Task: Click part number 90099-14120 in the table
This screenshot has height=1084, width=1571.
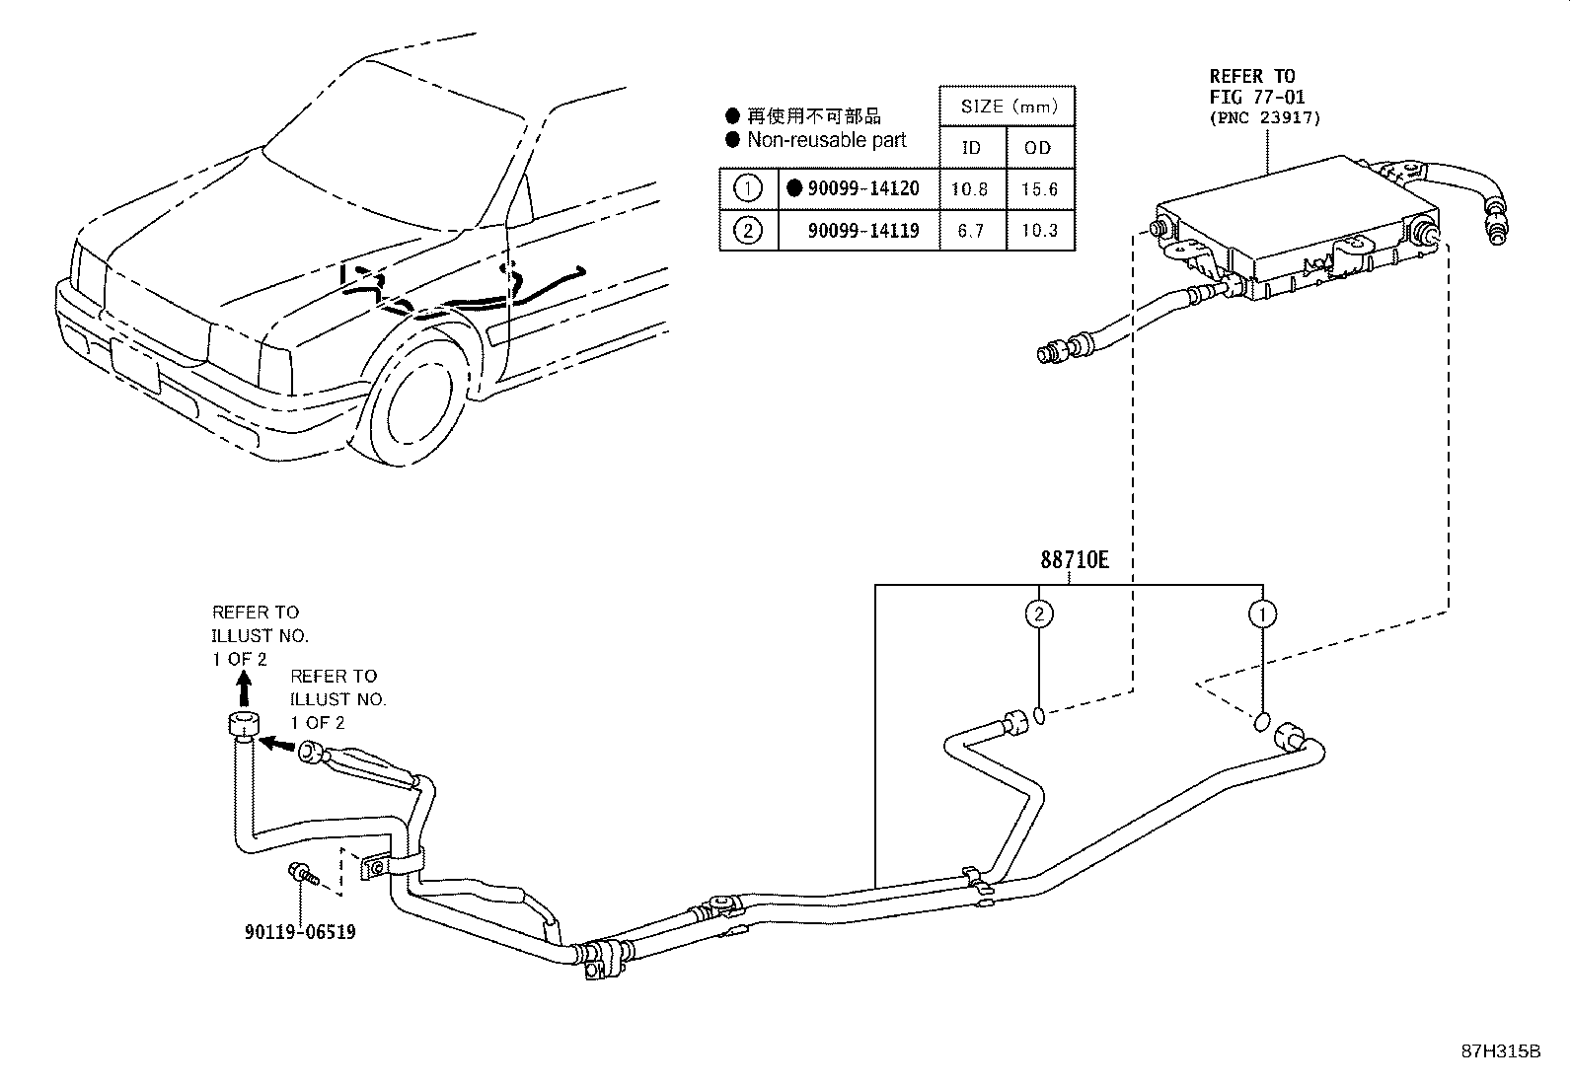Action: pyautogui.click(x=862, y=188)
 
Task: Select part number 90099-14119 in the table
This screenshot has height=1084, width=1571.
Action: pyautogui.click(x=862, y=231)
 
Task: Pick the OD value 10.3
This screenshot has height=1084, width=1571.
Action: pyautogui.click(x=1039, y=231)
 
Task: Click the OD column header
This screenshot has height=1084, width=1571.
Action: pyautogui.click(x=1038, y=148)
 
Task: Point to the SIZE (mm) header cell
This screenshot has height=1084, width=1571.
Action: pyautogui.click(x=1008, y=107)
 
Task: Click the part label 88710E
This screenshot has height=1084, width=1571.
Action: pyautogui.click(x=1074, y=561)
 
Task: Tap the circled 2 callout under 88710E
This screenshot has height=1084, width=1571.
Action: pyautogui.click(x=1038, y=614)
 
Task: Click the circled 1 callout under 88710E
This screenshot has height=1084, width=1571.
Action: pyautogui.click(x=1262, y=614)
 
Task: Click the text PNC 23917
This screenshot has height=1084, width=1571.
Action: pyautogui.click(x=1265, y=117)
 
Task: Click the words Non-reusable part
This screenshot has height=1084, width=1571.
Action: pyautogui.click(x=826, y=140)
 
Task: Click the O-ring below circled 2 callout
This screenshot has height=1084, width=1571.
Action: pyautogui.click(x=1040, y=715)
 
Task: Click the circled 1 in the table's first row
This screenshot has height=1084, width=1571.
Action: pyautogui.click(x=748, y=188)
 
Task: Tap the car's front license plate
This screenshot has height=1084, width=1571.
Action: pyautogui.click(x=135, y=366)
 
